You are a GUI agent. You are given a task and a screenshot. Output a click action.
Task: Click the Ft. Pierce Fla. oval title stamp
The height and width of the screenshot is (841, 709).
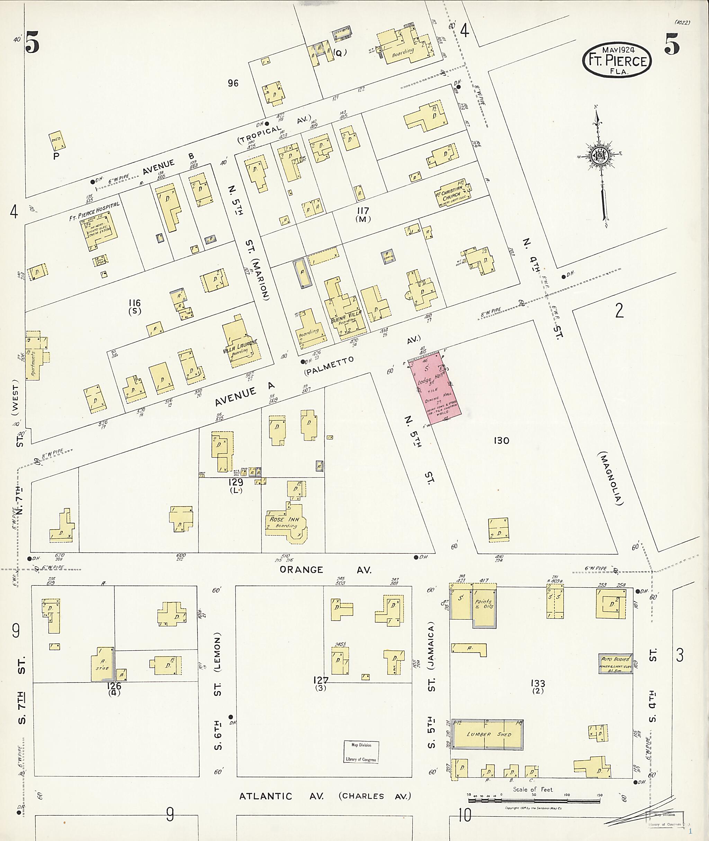click(x=617, y=60)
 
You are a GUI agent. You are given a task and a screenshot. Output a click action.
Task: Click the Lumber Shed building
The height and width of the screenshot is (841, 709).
click(x=487, y=734)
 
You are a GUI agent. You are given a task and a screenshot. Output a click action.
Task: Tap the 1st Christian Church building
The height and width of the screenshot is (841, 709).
click(x=452, y=193)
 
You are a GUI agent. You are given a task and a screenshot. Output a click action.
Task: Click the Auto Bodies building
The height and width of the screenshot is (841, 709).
click(x=615, y=664)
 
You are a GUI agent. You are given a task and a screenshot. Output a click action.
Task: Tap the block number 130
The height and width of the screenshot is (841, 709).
click(x=501, y=441)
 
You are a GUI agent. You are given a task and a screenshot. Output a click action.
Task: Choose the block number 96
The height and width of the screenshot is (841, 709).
click(x=233, y=83)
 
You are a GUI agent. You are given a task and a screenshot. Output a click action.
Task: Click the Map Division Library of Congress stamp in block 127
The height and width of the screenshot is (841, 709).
click(x=361, y=752)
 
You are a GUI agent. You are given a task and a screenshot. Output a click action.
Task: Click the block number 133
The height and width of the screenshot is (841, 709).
click(x=537, y=683)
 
